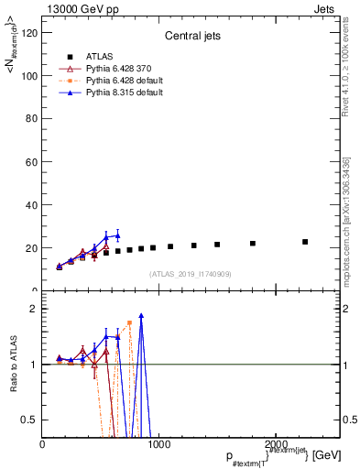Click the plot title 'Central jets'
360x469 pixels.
(x=191, y=38)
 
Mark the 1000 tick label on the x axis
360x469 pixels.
(x=158, y=443)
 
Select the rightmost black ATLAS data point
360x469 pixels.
(x=305, y=242)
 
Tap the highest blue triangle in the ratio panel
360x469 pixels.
(x=141, y=316)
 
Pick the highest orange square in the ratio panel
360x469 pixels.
(x=129, y=322)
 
